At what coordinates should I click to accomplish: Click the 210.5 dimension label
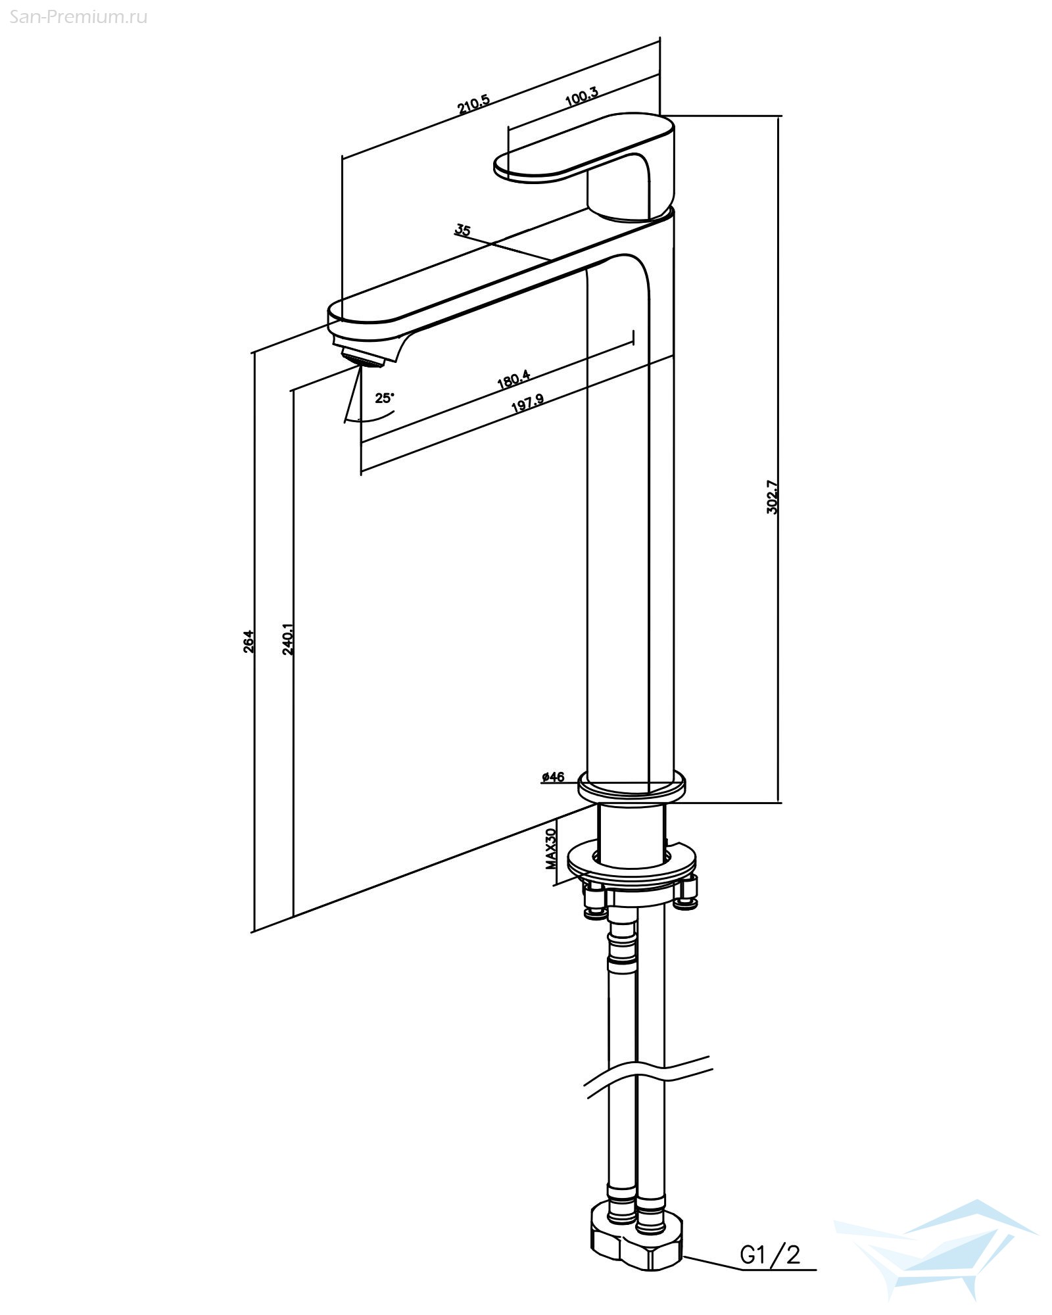click(474, 105)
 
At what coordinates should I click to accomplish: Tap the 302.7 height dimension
click(772, 497)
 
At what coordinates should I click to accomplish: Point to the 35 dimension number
click(463, 230)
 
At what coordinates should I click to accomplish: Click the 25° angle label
click(385, 398)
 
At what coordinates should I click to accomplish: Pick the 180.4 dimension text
click(514, 380)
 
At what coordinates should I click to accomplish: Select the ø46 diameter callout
click(553, 777)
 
